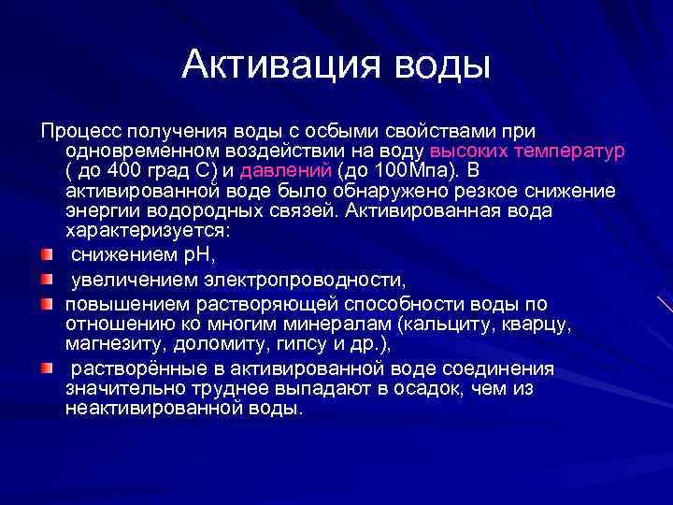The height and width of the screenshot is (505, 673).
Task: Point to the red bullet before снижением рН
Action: point(46,253)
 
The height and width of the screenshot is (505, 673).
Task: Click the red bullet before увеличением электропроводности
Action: point(46,279)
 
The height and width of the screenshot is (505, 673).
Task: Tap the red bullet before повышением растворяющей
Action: point(46,304)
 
